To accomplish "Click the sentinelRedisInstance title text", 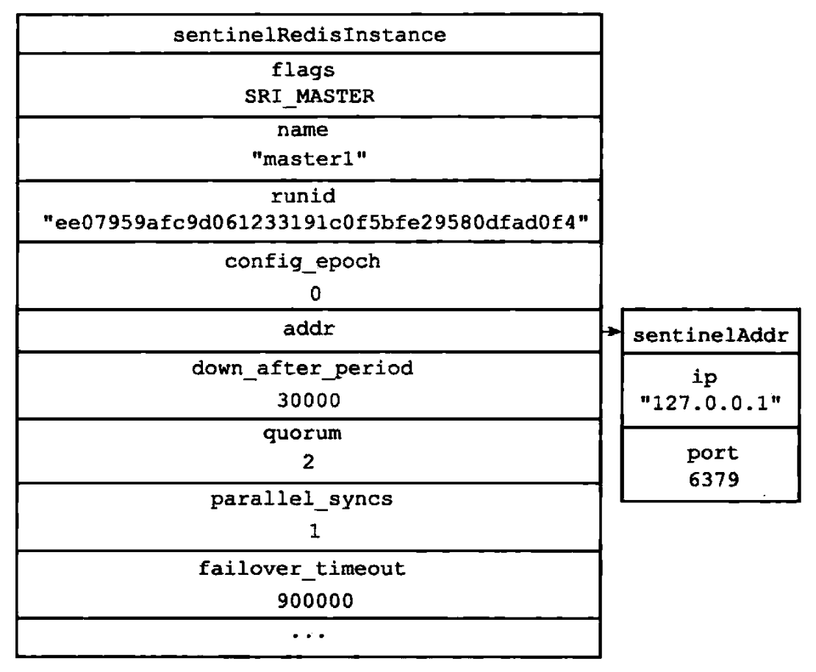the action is click(x=309, y=35).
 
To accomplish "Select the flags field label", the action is click(x=303, y=71).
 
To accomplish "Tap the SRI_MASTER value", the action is click(x=309, y=96).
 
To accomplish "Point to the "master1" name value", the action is click(x=309, y=158).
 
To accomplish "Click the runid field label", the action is click(x=304, y=196).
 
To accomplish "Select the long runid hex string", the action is click(x=315, y=222).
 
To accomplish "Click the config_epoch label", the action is click(x=302, y=262).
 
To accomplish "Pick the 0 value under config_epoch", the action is click(x=315, y=294).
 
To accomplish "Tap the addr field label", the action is click(x=309, y=329).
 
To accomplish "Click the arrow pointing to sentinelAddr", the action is click(x=612, y=331).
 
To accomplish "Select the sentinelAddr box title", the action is click(x=710, y=335).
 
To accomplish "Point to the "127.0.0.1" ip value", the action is click(x=710, y=402).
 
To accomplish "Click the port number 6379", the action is click(x=714, y=479).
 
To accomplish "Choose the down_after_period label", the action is click(x=302, y=368).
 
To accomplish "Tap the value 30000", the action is click(x=309, y=400).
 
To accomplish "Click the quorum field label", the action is click(x=302, y=434).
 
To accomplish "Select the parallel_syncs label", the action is click(x=301, y=499).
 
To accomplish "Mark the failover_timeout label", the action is click(x=302, y=568).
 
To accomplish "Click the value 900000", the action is click(x=315, y=601).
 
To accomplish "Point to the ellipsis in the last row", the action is click(x=309, y=635).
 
